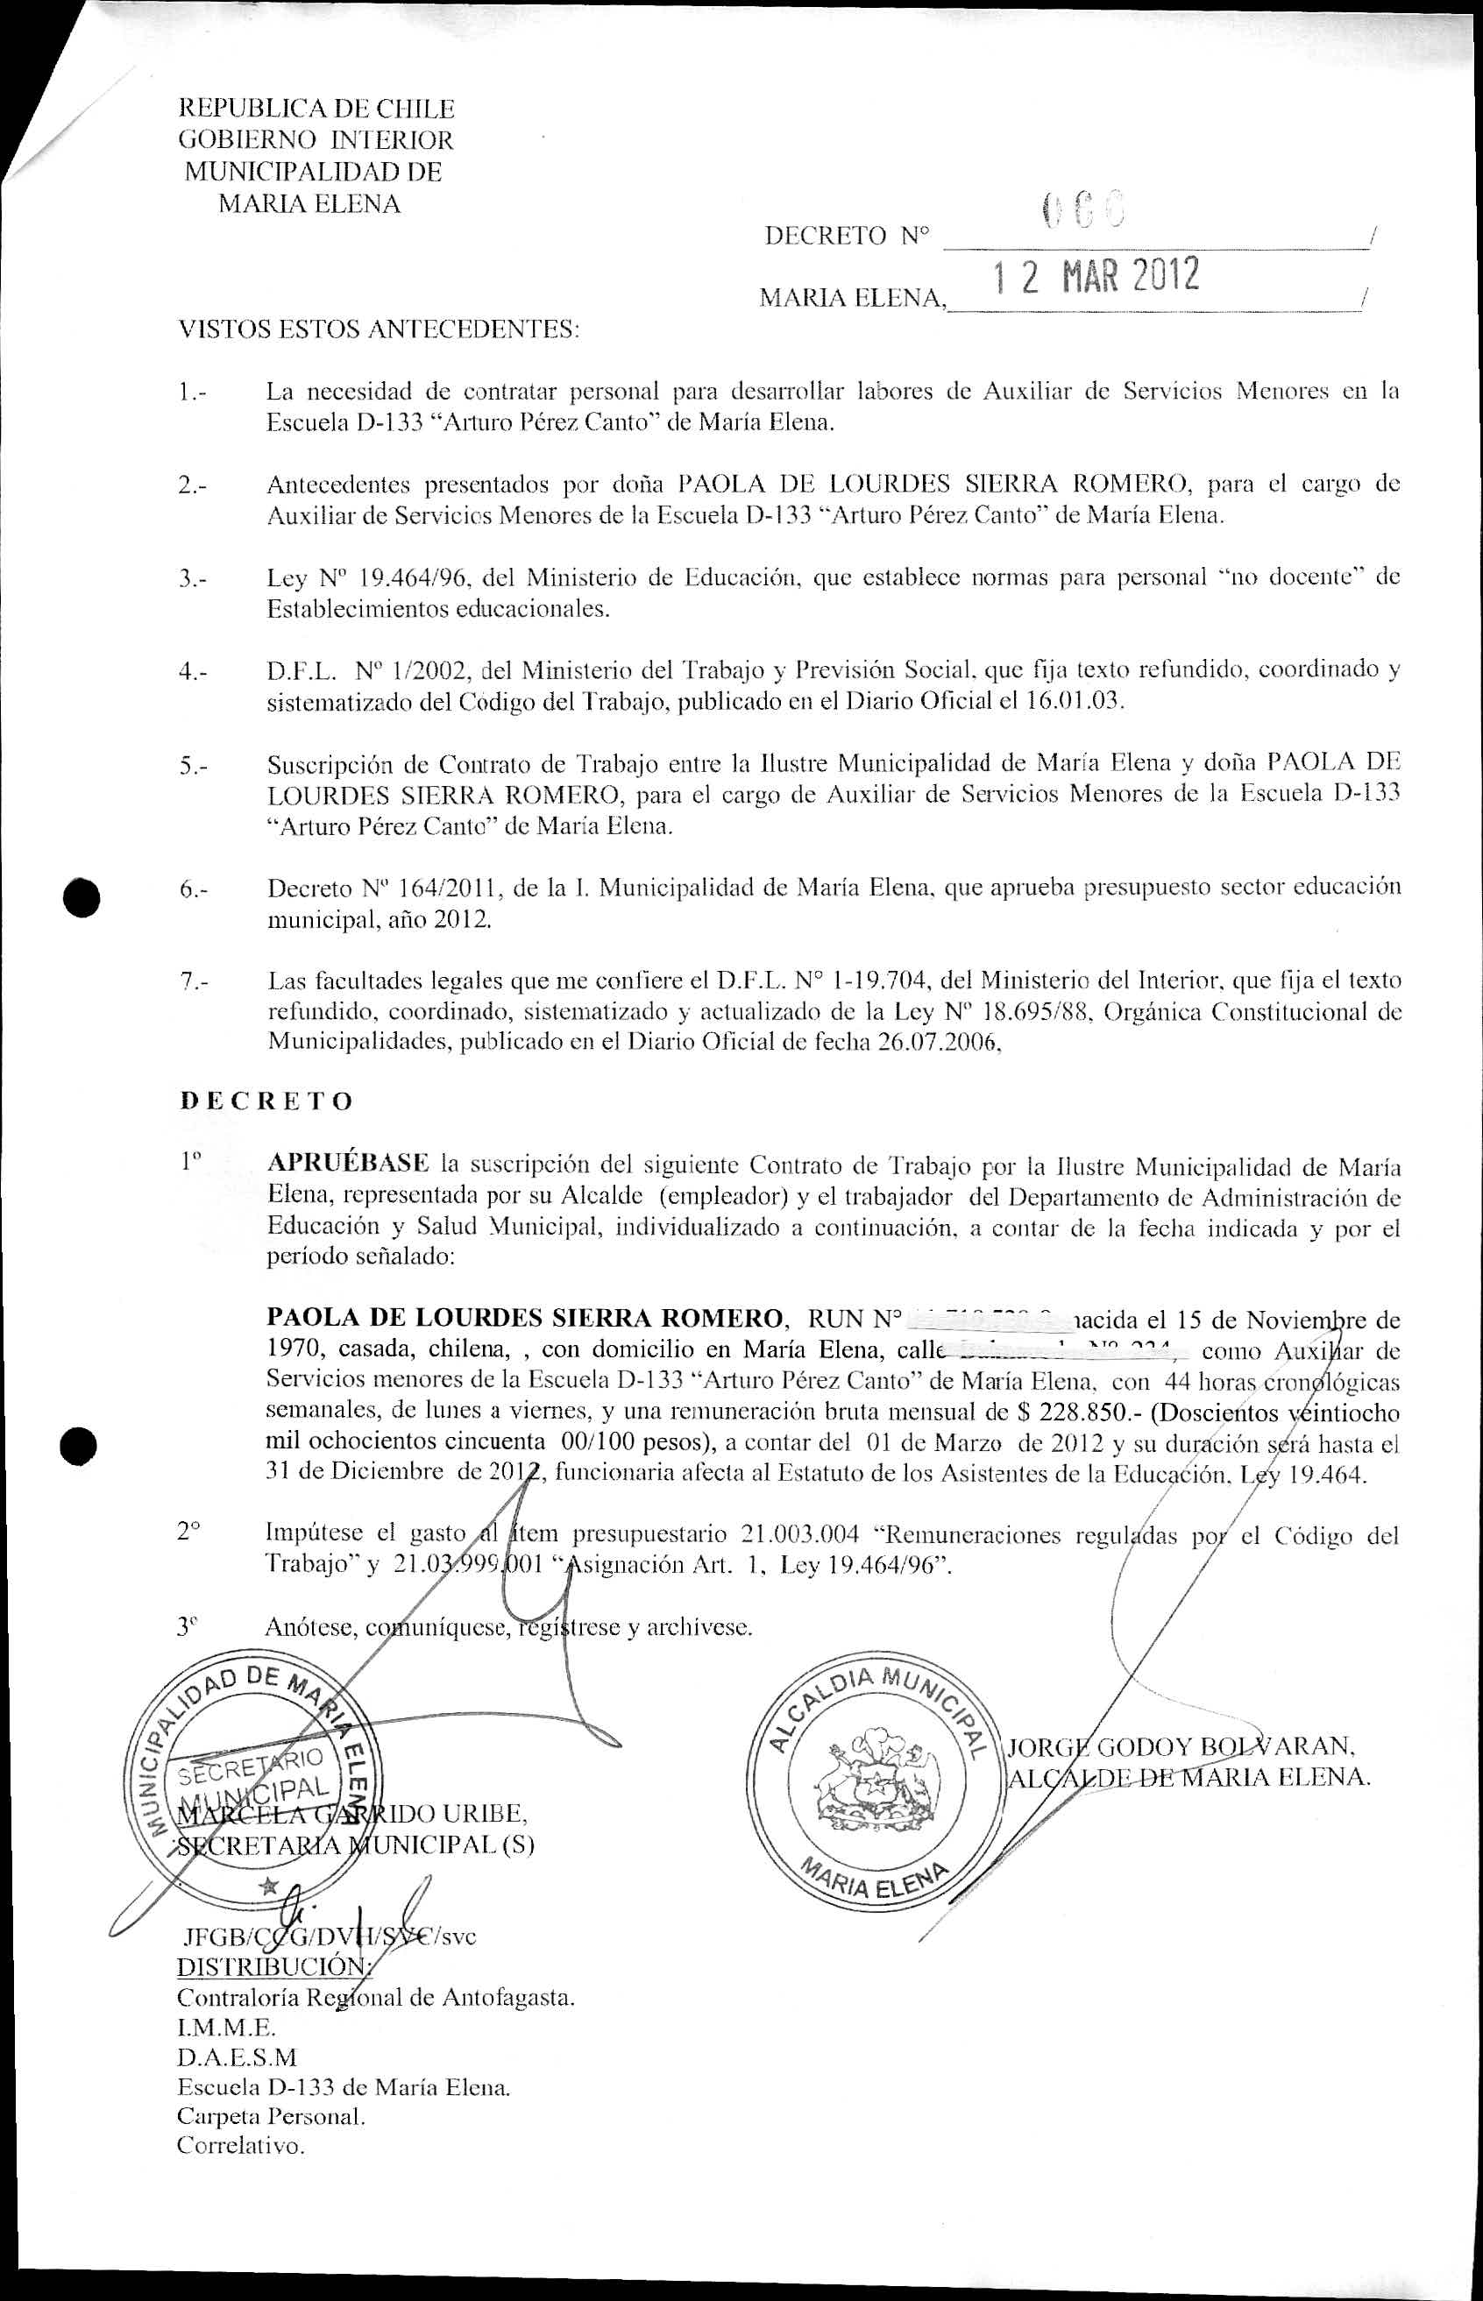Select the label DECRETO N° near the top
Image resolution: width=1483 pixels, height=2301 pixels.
848,236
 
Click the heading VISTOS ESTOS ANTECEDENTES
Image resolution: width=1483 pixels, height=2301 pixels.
380,330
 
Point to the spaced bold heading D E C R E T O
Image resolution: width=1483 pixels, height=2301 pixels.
266,1101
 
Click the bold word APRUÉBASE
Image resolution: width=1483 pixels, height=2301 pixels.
348,1163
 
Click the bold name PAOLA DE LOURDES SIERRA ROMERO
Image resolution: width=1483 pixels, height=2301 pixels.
525,1317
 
